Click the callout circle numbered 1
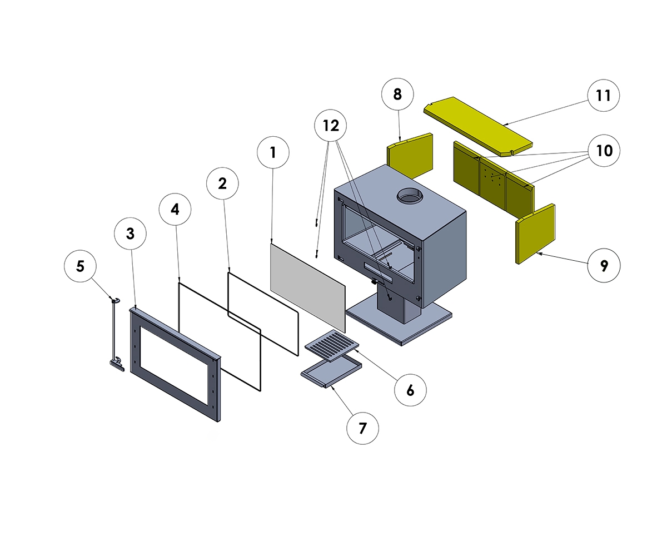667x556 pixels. (273, 152)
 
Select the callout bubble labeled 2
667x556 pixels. (222, 183)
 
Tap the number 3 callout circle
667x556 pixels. (130, 234)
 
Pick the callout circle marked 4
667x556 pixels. (175, 210)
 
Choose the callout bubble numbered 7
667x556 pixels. (362, 429)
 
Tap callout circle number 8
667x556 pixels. (397, 94)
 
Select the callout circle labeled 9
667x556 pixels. (604, 266)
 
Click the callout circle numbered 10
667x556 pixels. (604, 150)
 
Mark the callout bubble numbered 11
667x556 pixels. (604, 95)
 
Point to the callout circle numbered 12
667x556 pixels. (331, 126)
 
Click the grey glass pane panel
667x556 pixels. (307, 284)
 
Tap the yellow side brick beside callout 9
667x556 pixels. (535, 233)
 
